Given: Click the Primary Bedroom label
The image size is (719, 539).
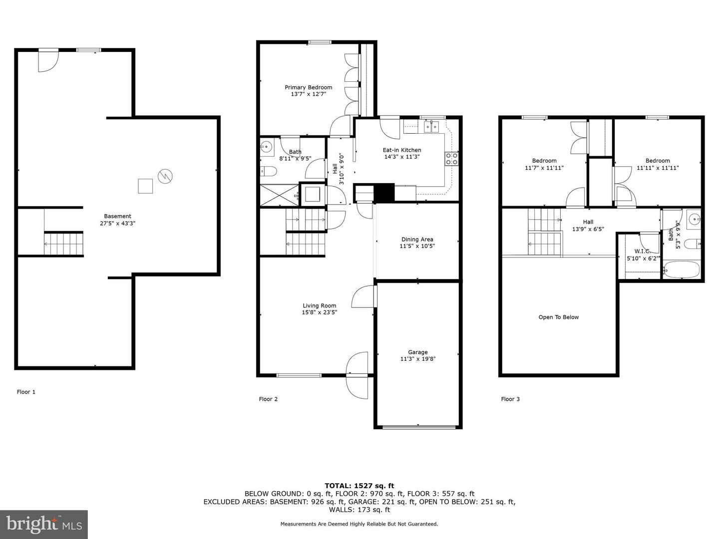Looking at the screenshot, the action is (308, 87).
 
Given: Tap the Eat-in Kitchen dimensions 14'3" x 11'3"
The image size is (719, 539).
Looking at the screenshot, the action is (402, 157).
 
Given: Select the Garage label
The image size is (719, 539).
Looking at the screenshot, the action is (417, 352).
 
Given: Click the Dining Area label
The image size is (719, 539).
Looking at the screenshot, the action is (417, 239).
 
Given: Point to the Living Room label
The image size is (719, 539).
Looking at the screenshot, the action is (320, 305).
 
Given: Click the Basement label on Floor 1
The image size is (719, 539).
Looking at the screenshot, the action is (117, 216).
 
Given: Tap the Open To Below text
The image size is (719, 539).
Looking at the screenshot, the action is (559, 317).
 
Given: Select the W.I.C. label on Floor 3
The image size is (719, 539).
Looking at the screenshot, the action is (642, 252).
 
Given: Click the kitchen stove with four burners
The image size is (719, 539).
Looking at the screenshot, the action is (451, 159).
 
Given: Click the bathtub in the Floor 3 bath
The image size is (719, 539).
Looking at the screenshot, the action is (682, 269).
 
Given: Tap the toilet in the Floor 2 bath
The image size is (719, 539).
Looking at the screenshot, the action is (269, 171).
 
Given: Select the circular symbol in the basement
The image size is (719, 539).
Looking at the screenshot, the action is (165, 176).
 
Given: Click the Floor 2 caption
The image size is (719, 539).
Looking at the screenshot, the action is (268, 399).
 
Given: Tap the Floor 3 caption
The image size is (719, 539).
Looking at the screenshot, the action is (510, 399).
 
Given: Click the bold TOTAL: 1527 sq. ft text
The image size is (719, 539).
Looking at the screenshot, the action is (359, 486).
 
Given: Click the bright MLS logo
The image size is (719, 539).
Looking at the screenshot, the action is (44, 524).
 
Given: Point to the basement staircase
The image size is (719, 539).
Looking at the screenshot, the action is (64, 243).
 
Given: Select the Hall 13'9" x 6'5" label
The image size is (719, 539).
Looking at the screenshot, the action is (588, 226).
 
